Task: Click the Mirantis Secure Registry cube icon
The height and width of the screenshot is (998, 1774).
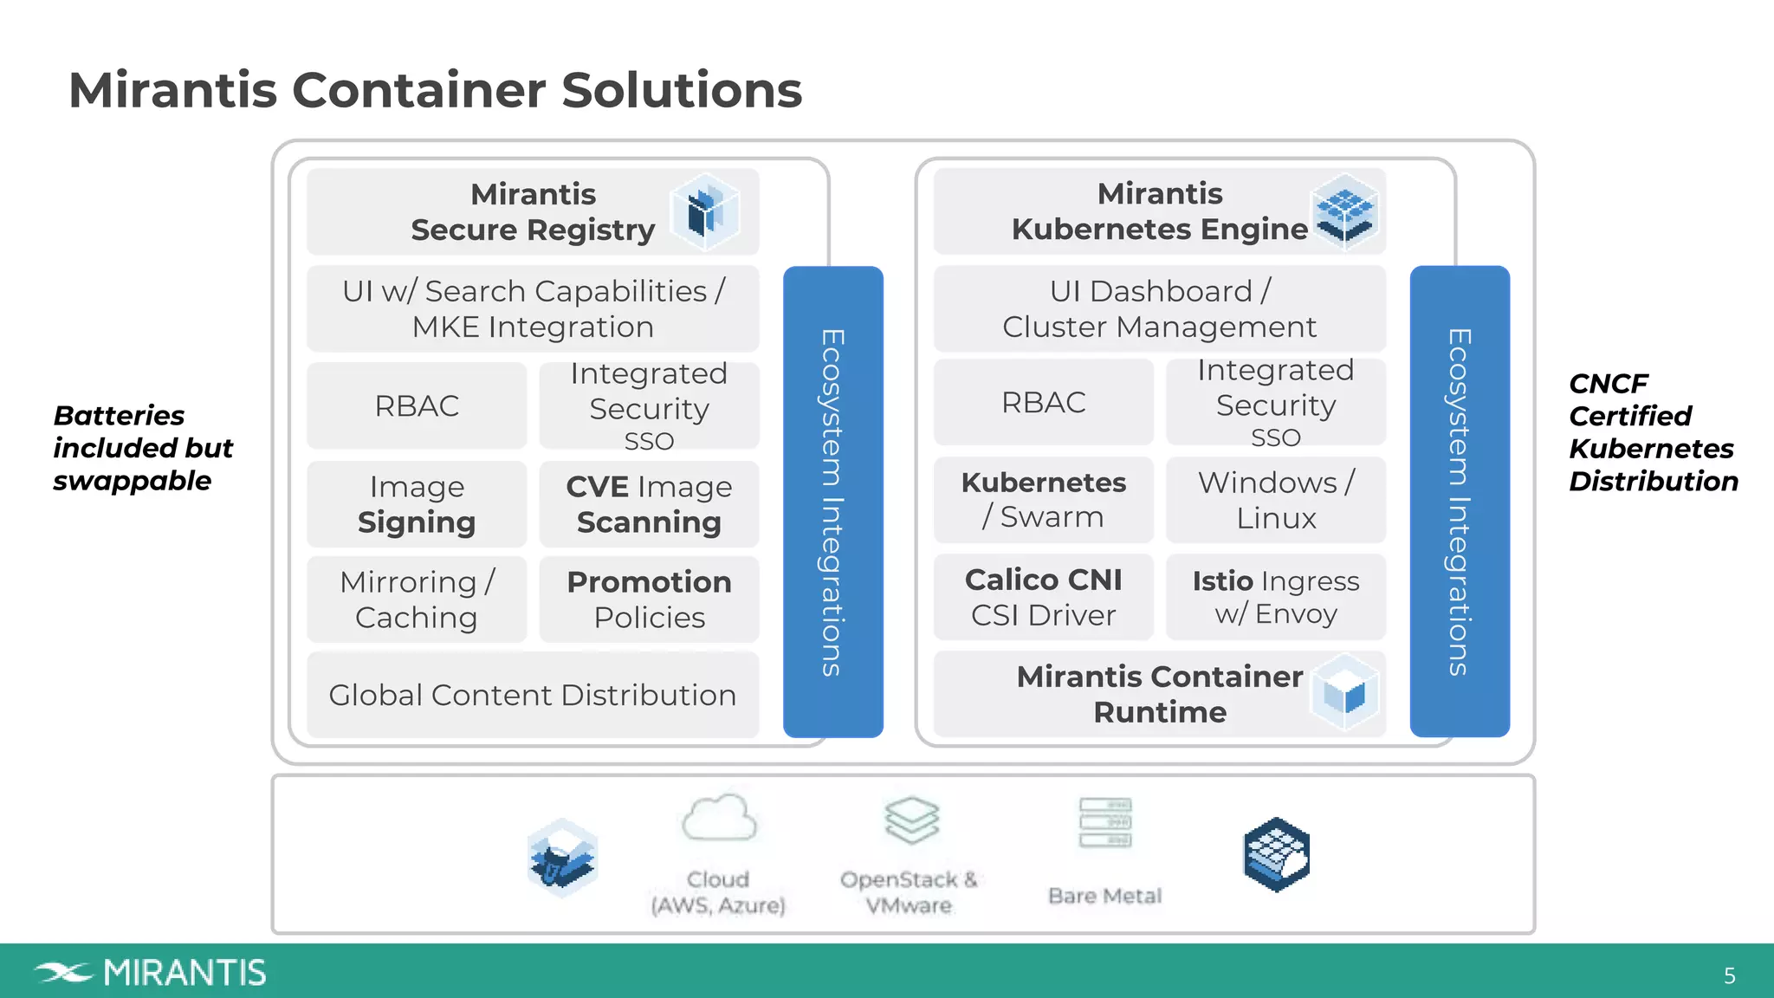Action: click(x=706, y=212)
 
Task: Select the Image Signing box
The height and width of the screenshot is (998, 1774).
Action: click(x=417, y=504)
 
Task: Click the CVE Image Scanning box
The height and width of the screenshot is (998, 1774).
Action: click(x=649, y=504)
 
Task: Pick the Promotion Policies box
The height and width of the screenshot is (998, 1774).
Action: click(x=649, y=599)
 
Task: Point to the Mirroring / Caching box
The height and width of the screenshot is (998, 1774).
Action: click(x=417, y=599)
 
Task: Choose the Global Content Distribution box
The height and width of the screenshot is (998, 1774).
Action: click(x=533, y=695)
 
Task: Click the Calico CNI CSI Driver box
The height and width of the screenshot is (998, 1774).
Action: click(x=1043, y=597)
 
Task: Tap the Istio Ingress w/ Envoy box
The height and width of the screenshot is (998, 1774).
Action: click(x=1275, y=597)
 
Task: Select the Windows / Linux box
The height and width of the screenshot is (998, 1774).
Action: click(x=1275, y=500)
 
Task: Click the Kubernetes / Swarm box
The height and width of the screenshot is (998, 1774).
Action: click(x=1043, y=500)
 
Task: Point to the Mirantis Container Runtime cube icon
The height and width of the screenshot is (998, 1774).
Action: click(x=1344, y=693)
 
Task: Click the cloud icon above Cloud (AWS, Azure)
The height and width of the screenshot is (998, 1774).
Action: click(x=719, y=819)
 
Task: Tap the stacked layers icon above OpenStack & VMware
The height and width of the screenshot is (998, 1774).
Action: click(x=911, y=820)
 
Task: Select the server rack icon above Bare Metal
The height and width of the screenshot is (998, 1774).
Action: click(x=1105, y=823)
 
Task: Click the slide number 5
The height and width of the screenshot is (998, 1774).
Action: click(x=1729, y=976)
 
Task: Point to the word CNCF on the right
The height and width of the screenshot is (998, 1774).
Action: click(x=1608, y=384)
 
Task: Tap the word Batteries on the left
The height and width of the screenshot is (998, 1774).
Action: click(x=119, y=416)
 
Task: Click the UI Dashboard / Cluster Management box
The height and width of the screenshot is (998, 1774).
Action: click(x=1159, y=308)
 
